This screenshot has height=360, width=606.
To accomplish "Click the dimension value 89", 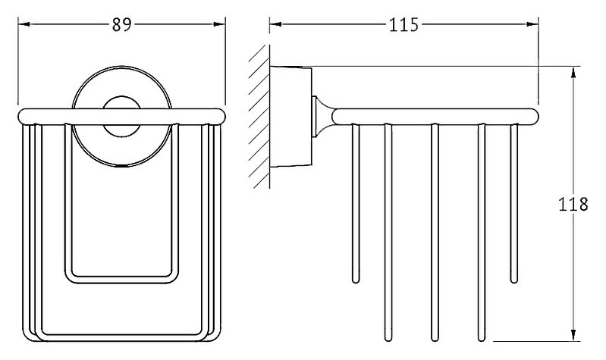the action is pyautogui.click(x=122, y=25).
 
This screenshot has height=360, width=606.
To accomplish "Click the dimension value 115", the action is pyautogui.click(x=403, y=25).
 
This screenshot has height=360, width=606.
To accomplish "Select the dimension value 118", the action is pyautogui.click(x=573, y=204).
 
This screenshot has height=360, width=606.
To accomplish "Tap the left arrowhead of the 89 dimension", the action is pyautogui.click(x=24, y=24).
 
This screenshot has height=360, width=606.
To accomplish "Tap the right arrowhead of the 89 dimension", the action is pyautogui.click(x=219, y=24).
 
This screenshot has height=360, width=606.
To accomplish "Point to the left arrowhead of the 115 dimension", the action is pyautogui.click(x=275, y=24).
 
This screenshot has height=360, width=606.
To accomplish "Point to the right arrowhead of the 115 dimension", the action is pyautogui.click(x=533, y=24).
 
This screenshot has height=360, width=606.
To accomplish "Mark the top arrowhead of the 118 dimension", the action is pyautogui.click(x=573, y=72).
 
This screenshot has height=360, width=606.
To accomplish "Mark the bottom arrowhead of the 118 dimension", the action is pyautogui.click(x=573, y=335).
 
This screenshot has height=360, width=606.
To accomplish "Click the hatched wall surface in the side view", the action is pyautogui.click(x=259, y=117).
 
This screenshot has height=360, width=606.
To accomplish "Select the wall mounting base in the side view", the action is pyautogui.click(x=290, y=117).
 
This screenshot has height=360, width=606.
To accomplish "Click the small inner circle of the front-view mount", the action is pyautogui.click(x=121, y=116).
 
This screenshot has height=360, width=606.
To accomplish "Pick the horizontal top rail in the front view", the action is pyautogui.click(x=121, y=117).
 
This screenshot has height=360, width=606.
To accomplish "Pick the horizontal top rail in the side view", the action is pyautogui.click(x=435, y=117).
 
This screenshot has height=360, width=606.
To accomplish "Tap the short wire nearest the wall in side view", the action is pyautogui.click(x=356, y=204).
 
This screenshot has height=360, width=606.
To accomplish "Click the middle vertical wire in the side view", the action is pyautogui.click(x=435, y=233).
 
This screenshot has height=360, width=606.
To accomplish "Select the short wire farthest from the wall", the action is pyautogui.click(x=514, y=204).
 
